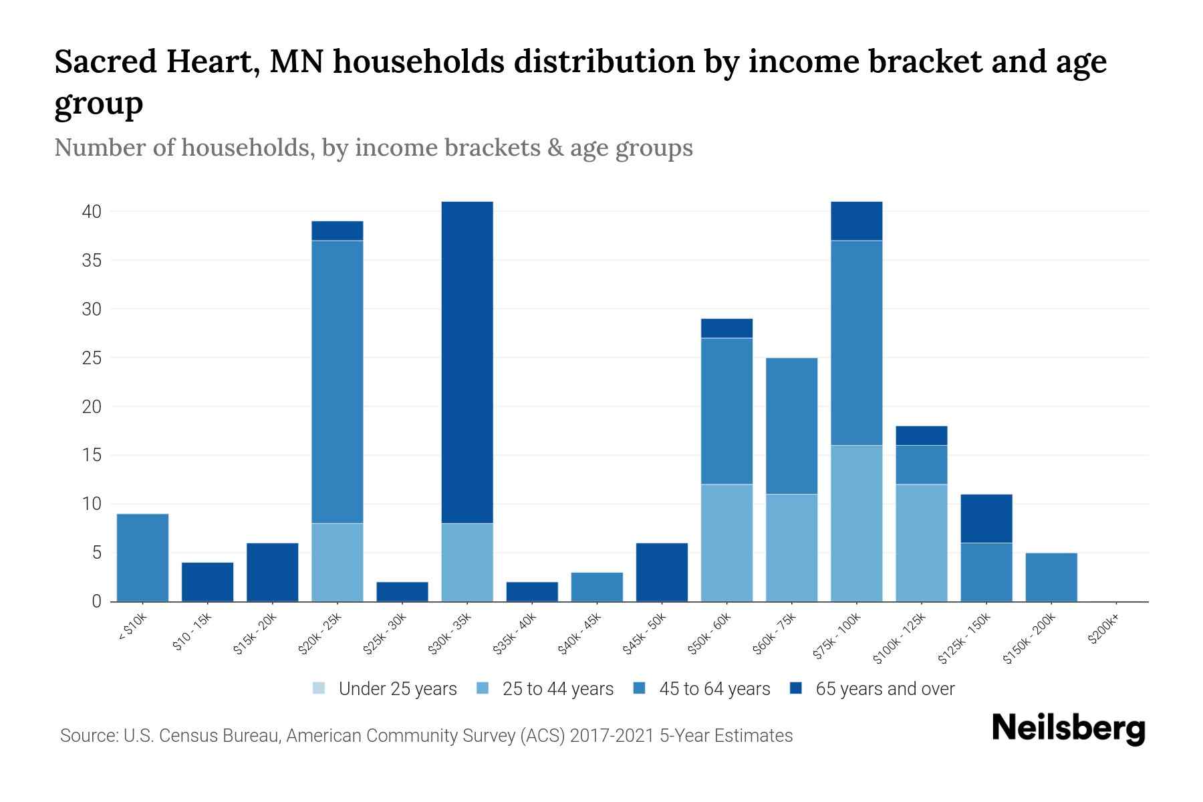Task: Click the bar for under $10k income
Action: click(142, 557)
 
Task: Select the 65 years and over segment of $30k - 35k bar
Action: click(467, 361)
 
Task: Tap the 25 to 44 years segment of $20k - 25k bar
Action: click(338, 562)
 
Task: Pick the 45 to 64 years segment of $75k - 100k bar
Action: click(856, 342)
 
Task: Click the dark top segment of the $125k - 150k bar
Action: click(986, 518)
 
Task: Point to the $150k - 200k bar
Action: click(1051, 577)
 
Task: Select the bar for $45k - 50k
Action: click(662, 572)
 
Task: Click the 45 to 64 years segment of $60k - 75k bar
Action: click(791, 426)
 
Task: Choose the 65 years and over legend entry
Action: click(872, 689)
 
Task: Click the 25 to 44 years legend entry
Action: click(545, 689)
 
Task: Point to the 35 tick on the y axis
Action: click(92, 260)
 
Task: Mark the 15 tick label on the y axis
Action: click(92, 455)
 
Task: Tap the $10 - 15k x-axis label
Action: click(192, 632)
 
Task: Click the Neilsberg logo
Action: click(1068, 728)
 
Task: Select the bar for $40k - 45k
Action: click(597, 587)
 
